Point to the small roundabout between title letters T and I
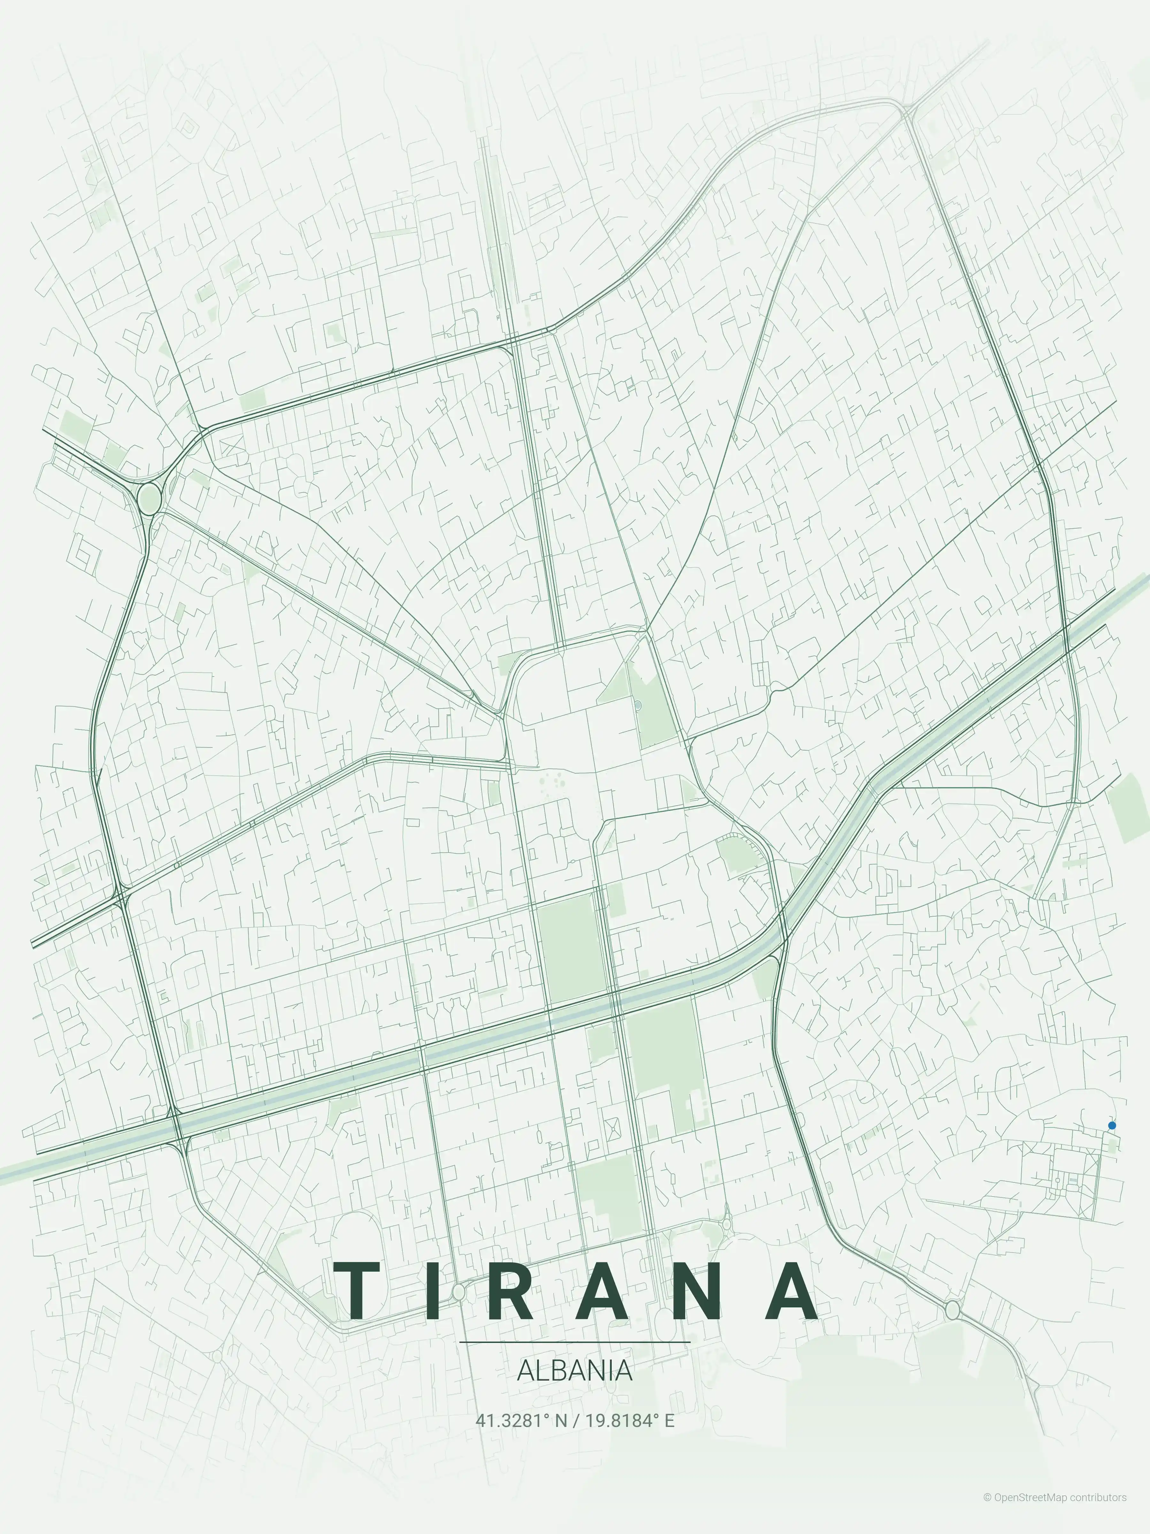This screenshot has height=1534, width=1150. coord(458,1291)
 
